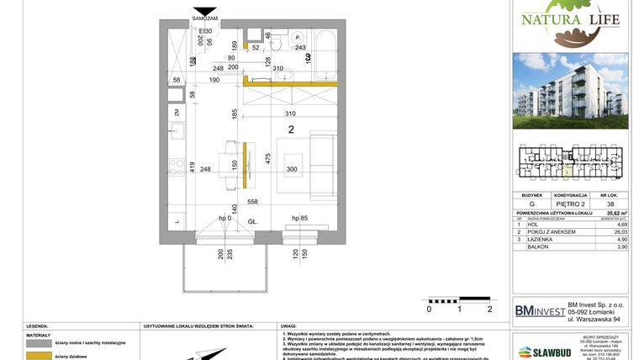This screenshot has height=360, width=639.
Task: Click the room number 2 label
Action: pyautogui.click(x=291, y=130)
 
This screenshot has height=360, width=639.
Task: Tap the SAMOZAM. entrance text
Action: pyautogui.click(x=205, y=18)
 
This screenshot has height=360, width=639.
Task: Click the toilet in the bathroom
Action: pyautogui.click(x=298, y=43)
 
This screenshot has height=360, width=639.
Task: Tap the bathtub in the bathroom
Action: pyautogui.click(x=325, y=56)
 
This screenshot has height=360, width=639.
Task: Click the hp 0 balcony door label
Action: pyautogui.click(x=224, y=219)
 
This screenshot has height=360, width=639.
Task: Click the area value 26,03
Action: pyautogui.click(x=621, y=232)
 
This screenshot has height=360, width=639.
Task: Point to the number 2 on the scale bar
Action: pyautogui.click(x=488, y=309)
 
